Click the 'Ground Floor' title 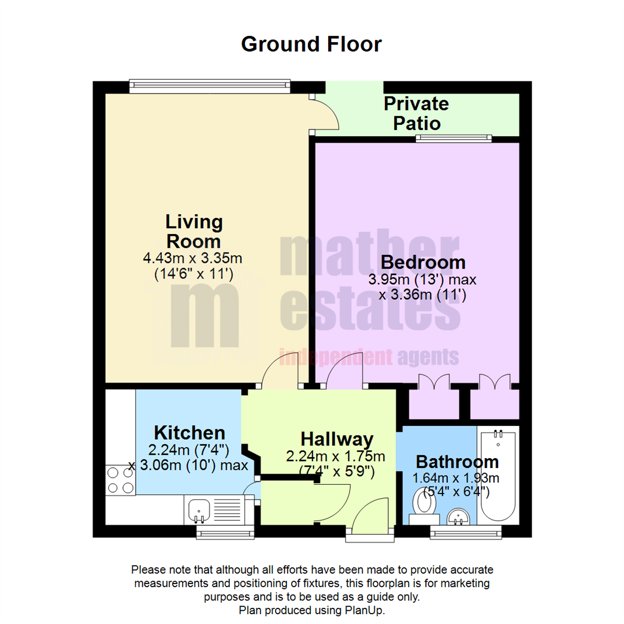pyautogui.click(x=311, y=44)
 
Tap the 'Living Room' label pyautogui.click(x=194, y=231)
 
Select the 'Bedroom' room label pyautogui.click(x=424, y=262)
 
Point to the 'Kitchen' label pyautogui.click(x=189, y=432)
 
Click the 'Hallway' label pyautogui.click(x=336, y=439)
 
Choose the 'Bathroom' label pyautogui.click(x=456, y=462)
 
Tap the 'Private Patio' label pyautogui.click(x=416, y=113)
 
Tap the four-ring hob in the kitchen pyautogui.click(x=120, y=480)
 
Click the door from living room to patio pyautogui.click(x=325, y=113)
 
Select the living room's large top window pyautogui.click(x=209, y=86)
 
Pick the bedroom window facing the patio pyautogui.click(x=453, y=138)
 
